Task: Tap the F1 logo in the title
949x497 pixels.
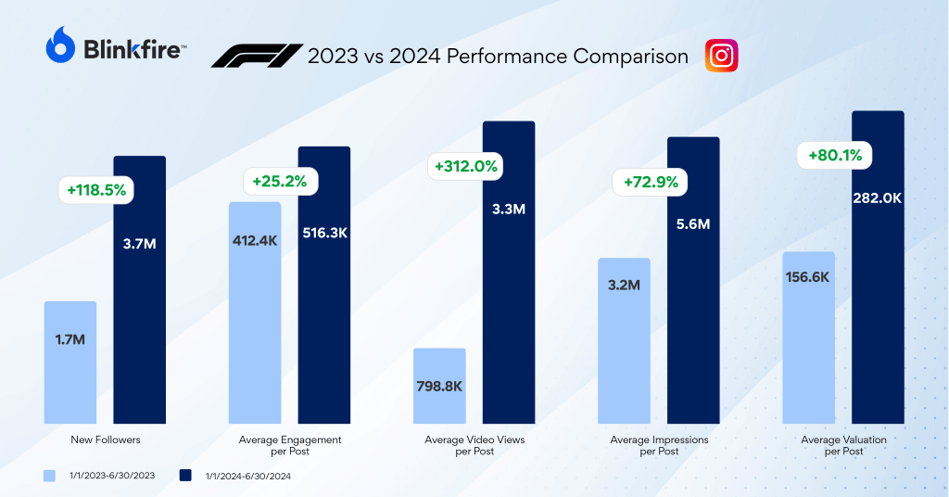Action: click(x=256, y=56)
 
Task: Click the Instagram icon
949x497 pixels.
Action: click(x=721, y=56)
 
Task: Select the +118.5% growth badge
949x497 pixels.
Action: click(x=96, y=190)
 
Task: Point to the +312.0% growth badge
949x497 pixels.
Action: click(x=465, y=167)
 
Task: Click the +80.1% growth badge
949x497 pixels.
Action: click(x=835, y=156)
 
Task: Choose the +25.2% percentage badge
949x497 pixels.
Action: click(x=280, y=181)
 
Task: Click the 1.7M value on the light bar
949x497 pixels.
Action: click(x=70, y=339)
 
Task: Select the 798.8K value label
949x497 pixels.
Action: click(x=439, y=384)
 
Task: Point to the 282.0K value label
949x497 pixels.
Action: click(x=878, y=198)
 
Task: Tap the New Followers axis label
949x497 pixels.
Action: click(x=105, y=440)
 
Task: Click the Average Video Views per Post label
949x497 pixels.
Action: click(x=474, y=445)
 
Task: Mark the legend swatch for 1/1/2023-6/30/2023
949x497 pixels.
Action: click(x=50, y=476)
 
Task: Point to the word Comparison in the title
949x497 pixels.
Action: click(x=630, y=56)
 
